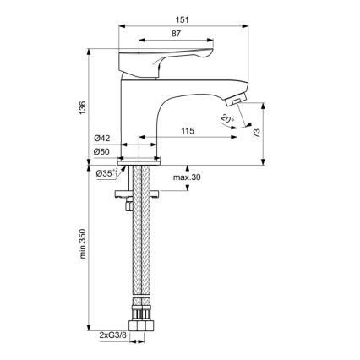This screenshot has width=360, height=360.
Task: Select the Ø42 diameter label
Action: coord(103,138)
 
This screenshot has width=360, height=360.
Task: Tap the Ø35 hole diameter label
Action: coord(105,174)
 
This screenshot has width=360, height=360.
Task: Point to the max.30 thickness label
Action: coord(187,177)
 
